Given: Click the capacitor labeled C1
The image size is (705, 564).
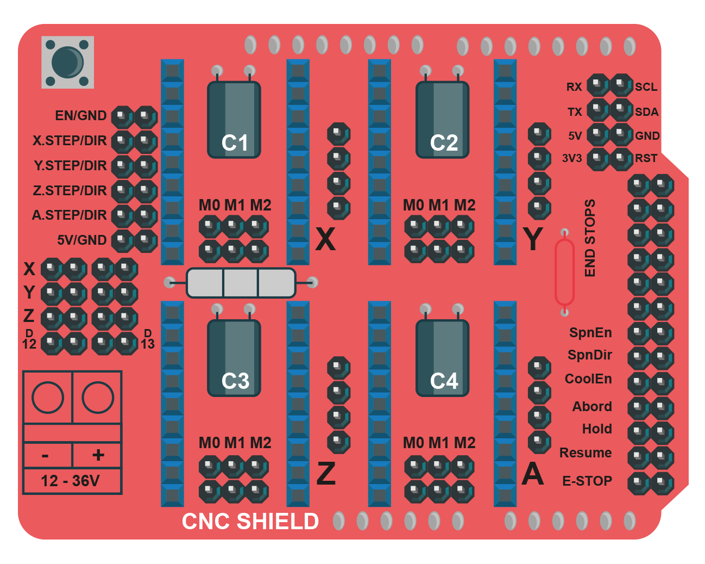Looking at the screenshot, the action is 234,120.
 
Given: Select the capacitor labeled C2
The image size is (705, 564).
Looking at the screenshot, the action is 442,120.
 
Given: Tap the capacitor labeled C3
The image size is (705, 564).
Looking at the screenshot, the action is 234,358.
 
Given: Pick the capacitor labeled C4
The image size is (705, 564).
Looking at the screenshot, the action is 442,358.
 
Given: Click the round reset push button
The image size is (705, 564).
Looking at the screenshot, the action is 67,63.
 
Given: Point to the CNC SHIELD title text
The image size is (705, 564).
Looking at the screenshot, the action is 250,521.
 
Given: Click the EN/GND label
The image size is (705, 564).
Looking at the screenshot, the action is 80,115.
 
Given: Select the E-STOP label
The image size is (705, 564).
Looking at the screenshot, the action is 587,481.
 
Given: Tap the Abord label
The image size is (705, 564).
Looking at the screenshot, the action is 592,406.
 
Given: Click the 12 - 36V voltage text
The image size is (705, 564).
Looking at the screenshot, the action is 70,481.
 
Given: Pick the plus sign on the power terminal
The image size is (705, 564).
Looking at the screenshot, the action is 98,455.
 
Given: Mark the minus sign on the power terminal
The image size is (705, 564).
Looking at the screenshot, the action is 45,456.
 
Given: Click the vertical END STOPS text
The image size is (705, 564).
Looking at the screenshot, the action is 590,238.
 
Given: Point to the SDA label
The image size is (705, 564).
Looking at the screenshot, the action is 646,112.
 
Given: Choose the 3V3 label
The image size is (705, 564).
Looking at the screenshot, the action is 572,158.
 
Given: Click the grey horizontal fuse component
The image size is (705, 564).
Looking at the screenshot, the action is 241,282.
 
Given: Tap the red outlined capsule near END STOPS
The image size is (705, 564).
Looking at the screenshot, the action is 564,272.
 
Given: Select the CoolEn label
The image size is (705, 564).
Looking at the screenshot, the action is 588,379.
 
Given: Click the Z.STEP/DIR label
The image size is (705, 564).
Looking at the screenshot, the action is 70,190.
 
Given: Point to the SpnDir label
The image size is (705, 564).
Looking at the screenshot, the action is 590,355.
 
